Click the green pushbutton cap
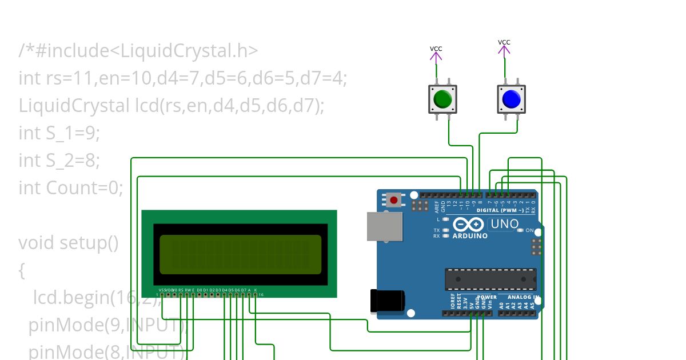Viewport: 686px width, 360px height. click(442, 99)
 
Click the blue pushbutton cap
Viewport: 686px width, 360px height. click(511, 99)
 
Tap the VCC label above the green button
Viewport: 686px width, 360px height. click(436, 49)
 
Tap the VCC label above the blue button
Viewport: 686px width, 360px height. click(504, 42)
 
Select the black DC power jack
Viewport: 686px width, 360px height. click(388, 301)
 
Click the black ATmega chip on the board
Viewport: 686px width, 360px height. click(490, 279)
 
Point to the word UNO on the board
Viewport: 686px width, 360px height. click(504, 224)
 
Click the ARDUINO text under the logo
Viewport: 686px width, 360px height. click(470, 236)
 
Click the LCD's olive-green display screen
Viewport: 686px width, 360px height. click(240, 254)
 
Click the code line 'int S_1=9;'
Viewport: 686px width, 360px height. click(59, 133)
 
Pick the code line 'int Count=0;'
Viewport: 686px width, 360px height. click(71, 187)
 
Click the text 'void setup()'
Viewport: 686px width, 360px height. click(69, 243)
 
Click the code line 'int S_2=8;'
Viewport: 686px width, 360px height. click(59, 161)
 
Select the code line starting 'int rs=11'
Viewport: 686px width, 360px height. click(183, 78)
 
